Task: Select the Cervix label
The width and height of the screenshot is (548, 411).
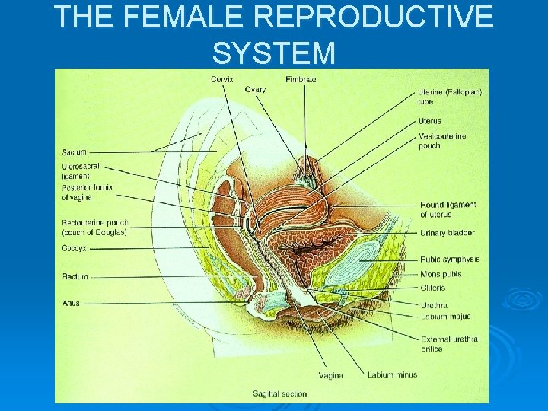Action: tap(221, 79)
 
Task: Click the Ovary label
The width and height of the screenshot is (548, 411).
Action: tap(255, 89)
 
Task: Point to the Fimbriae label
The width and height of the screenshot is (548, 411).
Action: tap(300, 79)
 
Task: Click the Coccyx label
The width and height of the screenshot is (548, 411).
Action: tap(75, 248)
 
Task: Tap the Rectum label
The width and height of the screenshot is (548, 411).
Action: tap(75, 276)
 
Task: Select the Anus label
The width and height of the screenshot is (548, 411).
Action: tap(71, 303)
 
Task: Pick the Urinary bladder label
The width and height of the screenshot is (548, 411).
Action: tap(448, 232)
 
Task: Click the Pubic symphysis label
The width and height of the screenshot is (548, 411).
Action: tap(449, 260)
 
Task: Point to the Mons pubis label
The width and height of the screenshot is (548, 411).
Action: tap(441, 274)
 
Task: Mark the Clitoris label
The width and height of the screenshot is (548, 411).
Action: tap(432, 288)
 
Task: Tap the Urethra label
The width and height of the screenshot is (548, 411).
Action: tap(433, 305)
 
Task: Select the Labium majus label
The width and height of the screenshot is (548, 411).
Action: tap(445, 317)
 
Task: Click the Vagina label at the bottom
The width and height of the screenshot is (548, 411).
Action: tap(330, 374)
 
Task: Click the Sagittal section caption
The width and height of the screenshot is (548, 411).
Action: tap(281, 393)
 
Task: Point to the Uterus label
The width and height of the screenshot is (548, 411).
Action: tap(429, 121)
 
